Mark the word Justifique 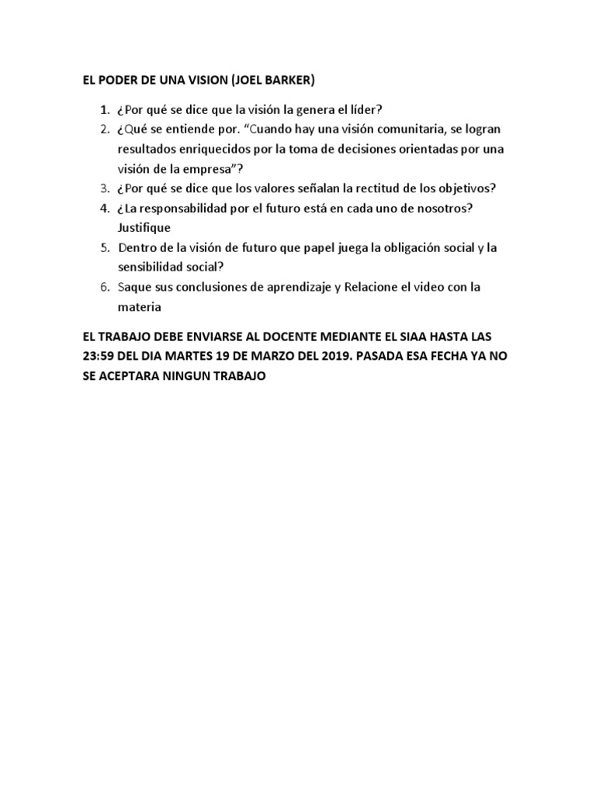pos(144,229)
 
